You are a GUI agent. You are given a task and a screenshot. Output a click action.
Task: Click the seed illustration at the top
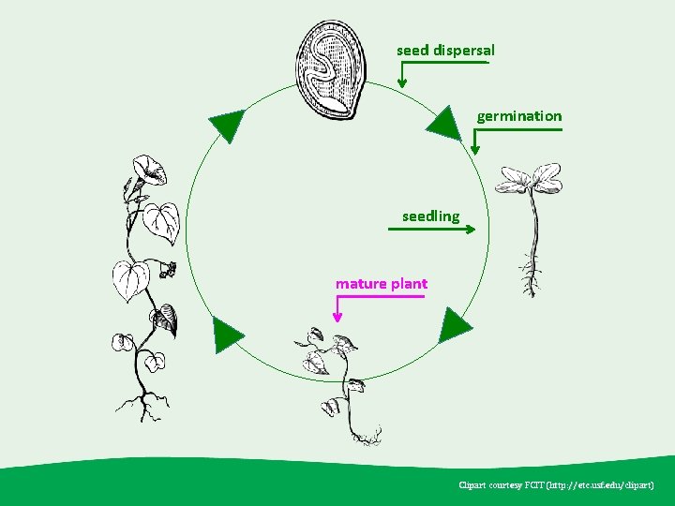pyautogui.click(x=330, y=67)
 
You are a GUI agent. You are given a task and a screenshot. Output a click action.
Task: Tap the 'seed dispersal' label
pyautogui.click(x=445, y=50)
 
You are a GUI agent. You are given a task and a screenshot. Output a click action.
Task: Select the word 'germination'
pyautogui.click(x=519, y=116)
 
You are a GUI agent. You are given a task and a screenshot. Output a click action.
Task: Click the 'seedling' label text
pyautogui.click(x=430, y=216)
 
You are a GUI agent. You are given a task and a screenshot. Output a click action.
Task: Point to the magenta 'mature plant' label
pyautogui.click(x=381, y=284)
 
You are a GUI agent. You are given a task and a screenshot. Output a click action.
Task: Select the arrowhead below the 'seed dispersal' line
pyautogui.click(x=402, y=82)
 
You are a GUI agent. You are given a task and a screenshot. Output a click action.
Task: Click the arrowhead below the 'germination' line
pyautogui.click(x=475, y=147)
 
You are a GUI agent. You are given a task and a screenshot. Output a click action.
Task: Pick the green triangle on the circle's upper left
pyautogui.click(x=226, y=124)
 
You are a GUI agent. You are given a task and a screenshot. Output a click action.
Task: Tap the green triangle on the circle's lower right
pyautogui.click(x=456, y=324)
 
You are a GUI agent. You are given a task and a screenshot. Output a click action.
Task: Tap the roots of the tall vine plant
pyautogui.click(x=144, y=406)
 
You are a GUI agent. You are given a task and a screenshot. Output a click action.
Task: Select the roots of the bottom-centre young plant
pyautogui.click(x=366, y=435)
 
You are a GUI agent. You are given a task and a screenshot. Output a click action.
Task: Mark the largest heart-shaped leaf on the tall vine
pyautogui.click(x=130, y=279)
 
